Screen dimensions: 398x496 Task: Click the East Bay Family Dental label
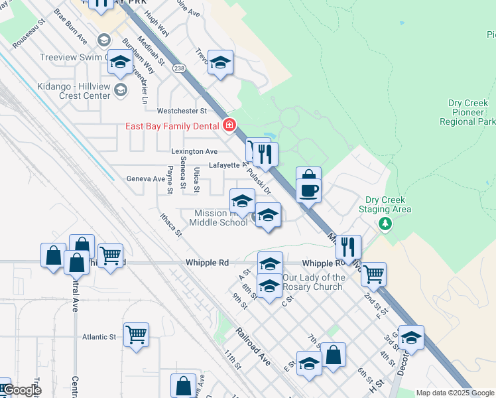[174, 126]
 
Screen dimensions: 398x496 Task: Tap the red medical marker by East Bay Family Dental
[229, 125]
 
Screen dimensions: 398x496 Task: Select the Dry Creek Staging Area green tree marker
[384, 224]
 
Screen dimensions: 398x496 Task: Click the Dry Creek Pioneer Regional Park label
[467, 113]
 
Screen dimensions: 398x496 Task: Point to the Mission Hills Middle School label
[221, 218]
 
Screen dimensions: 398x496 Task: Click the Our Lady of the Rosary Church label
[314, 282]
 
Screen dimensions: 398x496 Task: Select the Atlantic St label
[99, 337]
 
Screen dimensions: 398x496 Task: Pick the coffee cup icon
[309, 191]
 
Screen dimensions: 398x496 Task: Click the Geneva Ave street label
[146, 179]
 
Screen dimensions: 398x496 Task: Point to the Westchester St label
[182, 111]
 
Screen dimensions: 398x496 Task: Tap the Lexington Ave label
[194, 152]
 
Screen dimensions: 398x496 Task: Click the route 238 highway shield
[178, 68]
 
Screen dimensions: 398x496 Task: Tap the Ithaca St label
[170, 224]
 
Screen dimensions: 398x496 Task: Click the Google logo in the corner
[21, 391]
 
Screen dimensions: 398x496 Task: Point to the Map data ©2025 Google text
[455, 393]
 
